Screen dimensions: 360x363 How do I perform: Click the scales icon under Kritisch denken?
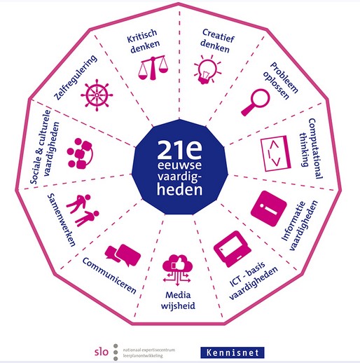pyautogui.click(x=153, y=68)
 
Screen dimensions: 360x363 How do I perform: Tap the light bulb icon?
pyautogui.click(x=207, y=69)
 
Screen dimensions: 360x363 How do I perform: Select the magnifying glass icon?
pyautogui.click(x=256, y=102)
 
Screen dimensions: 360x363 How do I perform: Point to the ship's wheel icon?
pyautogui.click(x=97, y=95)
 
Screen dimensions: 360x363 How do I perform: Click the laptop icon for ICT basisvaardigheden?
pyautogui.click(x=233, y=249)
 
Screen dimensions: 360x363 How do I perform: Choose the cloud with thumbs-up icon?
pyautogui.click(x=177, y=270)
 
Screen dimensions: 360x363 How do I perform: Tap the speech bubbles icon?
pyautogui.click(x=123, y=255)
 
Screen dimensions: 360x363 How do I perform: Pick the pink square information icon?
pyautogui.click(x=269, y=209)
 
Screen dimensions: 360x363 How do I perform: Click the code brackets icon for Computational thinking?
pyautogui.click(x=275, y=153)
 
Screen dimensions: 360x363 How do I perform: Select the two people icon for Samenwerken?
pyautogui.click(x=83, y=210)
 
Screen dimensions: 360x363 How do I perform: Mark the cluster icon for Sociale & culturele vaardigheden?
pyautogui.click(x=80, y=153)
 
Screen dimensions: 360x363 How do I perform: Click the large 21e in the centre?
pyautogui.click(x=179, y=149)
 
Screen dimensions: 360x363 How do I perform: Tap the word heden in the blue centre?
pyautogui.click(x=179, y=189)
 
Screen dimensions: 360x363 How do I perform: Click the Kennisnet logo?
pyautogui.click(x=233, y=352)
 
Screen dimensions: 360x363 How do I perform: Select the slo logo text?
pyautogui.click(x=102, y=352)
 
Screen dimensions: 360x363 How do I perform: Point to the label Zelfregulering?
pyautogui.click(x=75, y=77)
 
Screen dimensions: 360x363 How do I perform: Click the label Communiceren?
pyautogui.click(x=109, y=275)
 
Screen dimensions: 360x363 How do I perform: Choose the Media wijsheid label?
pyautogui.click(x=178, y=301)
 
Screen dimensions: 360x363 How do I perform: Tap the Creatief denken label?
pyautogui.click(x=217, y=41)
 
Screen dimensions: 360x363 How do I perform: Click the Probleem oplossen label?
pyautogui.click(x=280, y=81)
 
